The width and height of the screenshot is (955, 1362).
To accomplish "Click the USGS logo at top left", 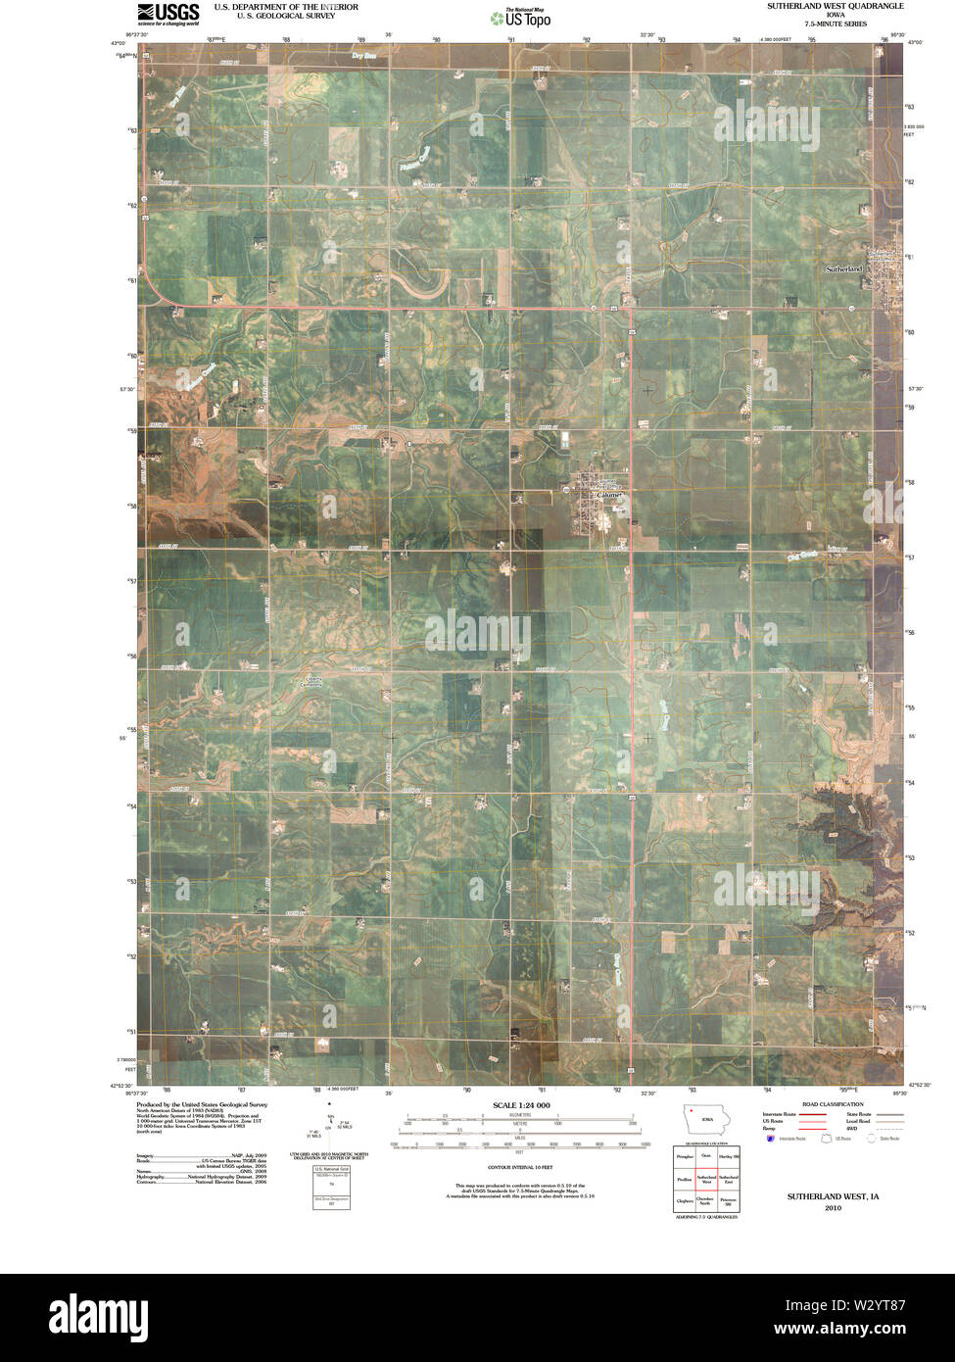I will [167, 13].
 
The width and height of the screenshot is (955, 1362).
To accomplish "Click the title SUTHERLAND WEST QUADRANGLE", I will [835, 6].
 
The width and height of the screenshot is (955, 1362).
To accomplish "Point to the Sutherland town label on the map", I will [844, 268].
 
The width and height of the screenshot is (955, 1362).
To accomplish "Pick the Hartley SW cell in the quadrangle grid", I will [728, 1157].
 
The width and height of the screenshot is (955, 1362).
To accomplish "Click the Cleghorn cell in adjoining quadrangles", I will [684, 1200].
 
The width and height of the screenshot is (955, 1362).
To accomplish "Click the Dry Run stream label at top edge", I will [362, 55].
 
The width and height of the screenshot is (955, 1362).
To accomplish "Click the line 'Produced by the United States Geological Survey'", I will [201, 1104].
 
